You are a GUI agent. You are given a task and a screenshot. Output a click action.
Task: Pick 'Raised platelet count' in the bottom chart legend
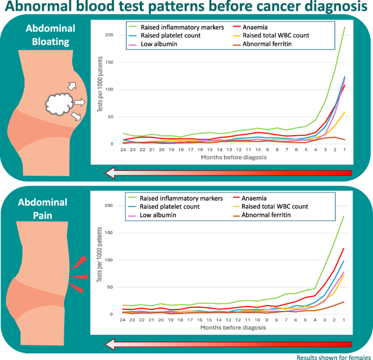pos(168,207)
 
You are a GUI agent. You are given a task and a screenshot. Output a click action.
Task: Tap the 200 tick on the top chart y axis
pos(109,35)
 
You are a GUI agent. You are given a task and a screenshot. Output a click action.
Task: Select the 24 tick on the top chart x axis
pos(123,150)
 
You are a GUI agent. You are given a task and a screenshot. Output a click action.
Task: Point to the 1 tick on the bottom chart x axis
pos(345,320)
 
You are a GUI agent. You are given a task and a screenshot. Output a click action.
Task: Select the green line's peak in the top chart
pos(345,27)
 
